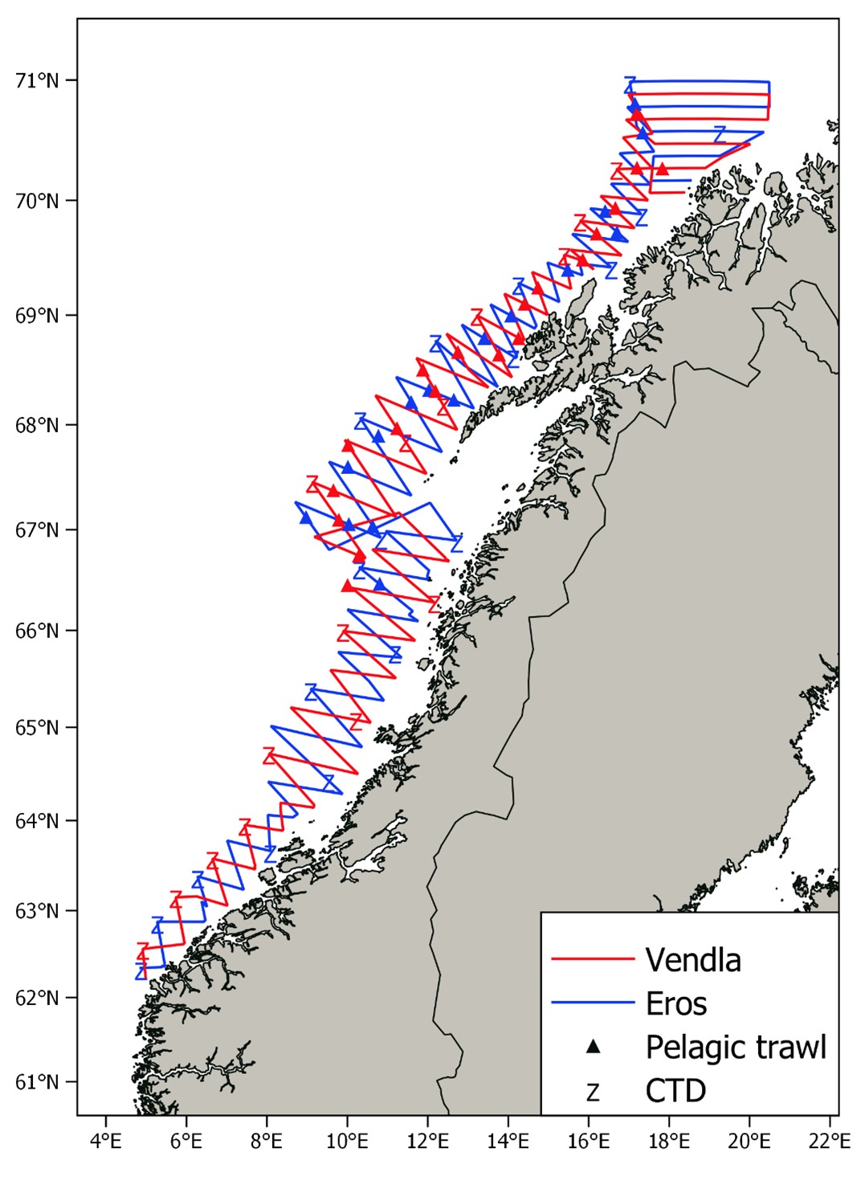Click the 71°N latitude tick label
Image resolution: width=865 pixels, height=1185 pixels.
pyautogui.click(x=37, y=80)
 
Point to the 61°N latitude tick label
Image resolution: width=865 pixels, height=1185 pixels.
pyautogui.click(x=37, y=1081)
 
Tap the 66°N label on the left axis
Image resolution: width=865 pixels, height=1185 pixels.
pyautogui.click(x=37, y=631)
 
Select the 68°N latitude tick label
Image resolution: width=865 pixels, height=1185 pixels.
pyautogui.click(x=37, y=425)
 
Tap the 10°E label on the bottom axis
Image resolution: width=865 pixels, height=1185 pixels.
pyautogui.click(x=347, y=1141)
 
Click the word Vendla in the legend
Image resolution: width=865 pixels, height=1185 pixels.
pyautogui.click(x=693, y=959)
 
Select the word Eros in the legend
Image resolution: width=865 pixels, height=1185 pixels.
pyautogui.click(x=676, y=1003)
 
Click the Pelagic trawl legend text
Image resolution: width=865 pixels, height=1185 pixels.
pyautogui.click(x=736, y=1047)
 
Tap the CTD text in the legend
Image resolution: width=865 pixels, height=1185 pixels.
pyautogui.click(x=675, y=1091)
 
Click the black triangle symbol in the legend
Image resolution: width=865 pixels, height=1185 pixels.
pyautogui.click(x=593, y=1046)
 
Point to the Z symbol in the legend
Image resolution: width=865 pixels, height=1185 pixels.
pyautogui.click(x=593, y=1092)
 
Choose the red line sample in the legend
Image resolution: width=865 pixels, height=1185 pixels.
pyautogui.click(x=593, y=959)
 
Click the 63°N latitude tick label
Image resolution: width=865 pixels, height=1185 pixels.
pyautogui.click(x=37, y=911)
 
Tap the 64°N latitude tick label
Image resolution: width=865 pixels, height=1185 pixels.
pyautogui.click(x=37, y=821)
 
